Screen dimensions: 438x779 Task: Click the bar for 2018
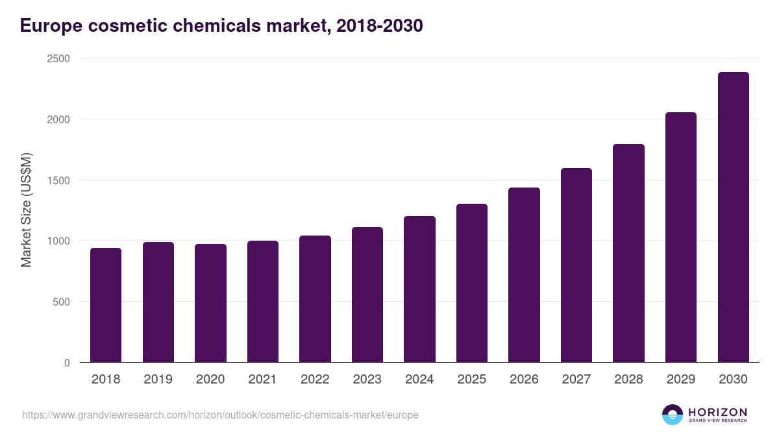106,305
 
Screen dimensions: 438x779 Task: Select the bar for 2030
733,217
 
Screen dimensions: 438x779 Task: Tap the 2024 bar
419,289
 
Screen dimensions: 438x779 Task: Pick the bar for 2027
576,265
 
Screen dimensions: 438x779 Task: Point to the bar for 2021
263,302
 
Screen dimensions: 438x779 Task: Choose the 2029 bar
681,237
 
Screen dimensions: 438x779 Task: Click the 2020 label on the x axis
210,380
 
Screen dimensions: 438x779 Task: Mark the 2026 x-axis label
524,380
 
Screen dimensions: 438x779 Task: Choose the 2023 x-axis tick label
367,380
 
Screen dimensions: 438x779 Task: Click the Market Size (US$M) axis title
26,210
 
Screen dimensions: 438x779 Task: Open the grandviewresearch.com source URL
220,415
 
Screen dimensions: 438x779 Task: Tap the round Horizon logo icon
673,415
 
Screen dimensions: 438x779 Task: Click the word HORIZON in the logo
717,411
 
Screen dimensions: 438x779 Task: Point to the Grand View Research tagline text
717,421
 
